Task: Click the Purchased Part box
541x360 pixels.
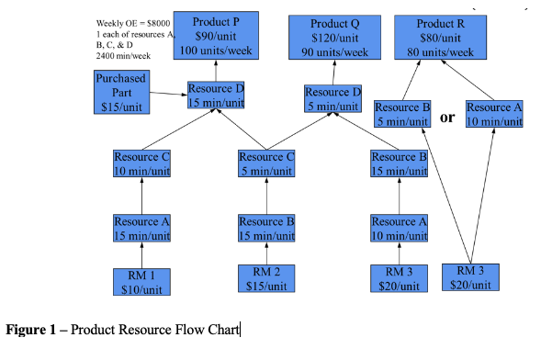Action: coord(120,93)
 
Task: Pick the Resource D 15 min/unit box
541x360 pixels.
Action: coord(216,96)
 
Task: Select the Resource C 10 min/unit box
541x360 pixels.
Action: coord(141,163)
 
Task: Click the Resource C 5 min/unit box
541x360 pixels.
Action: coord(266,163)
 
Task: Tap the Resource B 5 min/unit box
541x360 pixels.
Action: coord(402,114)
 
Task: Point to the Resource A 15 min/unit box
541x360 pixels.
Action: coord(141,228)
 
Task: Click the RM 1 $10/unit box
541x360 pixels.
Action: coord(141,281)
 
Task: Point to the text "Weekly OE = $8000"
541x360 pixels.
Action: coord(131,23)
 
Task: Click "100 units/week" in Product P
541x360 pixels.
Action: coord(217,49)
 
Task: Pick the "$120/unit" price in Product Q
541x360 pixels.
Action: coord(334,38)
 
